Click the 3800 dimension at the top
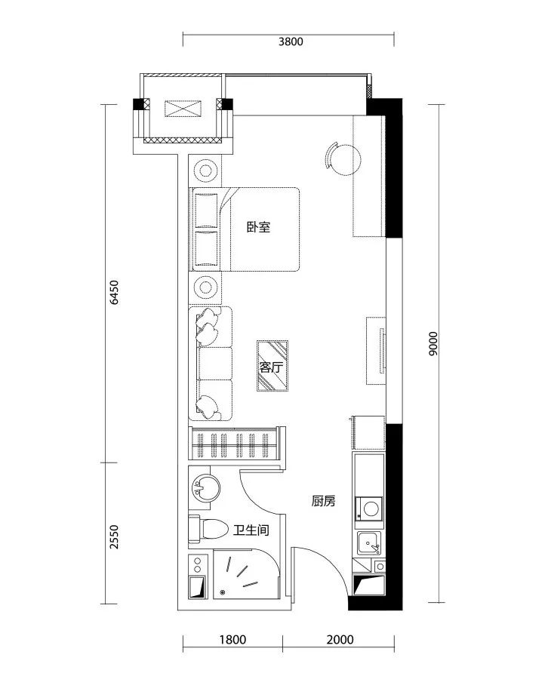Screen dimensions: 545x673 pyautogui.click(x=291, y=41)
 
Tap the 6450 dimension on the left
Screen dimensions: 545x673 pyautogui.click(x=114, y=292)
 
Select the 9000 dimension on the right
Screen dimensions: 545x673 pyautogui.click(x=433, y=343)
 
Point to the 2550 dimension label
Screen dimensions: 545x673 pyautogui.click(x=114, y=536)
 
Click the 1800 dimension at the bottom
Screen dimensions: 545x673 pyautogui.click(x=232, y=640)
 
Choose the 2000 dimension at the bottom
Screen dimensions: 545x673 pyautogui.click(x=340, y=640)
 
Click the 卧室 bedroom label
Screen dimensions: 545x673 pyautogui.click(x=259, y=227)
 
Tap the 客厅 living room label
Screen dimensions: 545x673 pyautogui.click(x=272, y=367)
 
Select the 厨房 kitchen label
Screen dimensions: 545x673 pyautogui.click(x=323, y=501)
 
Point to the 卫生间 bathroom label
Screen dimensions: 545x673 pyautogui.click(x=251, y=530)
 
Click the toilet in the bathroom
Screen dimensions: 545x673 pyautogui.click(x=208, y=529)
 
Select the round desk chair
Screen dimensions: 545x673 pyautogui.click(x=343, y=159)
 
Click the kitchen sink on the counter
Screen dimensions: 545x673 pyautogui.click(x=369, y=543)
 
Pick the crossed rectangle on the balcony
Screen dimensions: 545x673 pyautogui.click(x=183, y=109)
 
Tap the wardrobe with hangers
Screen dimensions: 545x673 pyautogui.click(x=235, y=444)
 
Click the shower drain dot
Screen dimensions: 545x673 pyautogui.click(x=223, y=592)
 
